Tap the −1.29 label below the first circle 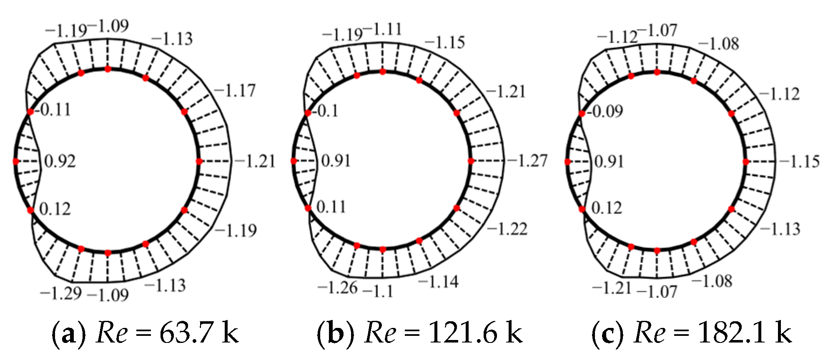61,293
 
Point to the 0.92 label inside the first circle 60,161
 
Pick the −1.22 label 507,229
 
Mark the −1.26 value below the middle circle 337,287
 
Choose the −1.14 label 438,282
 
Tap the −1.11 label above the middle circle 382,30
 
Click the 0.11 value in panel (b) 331,207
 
